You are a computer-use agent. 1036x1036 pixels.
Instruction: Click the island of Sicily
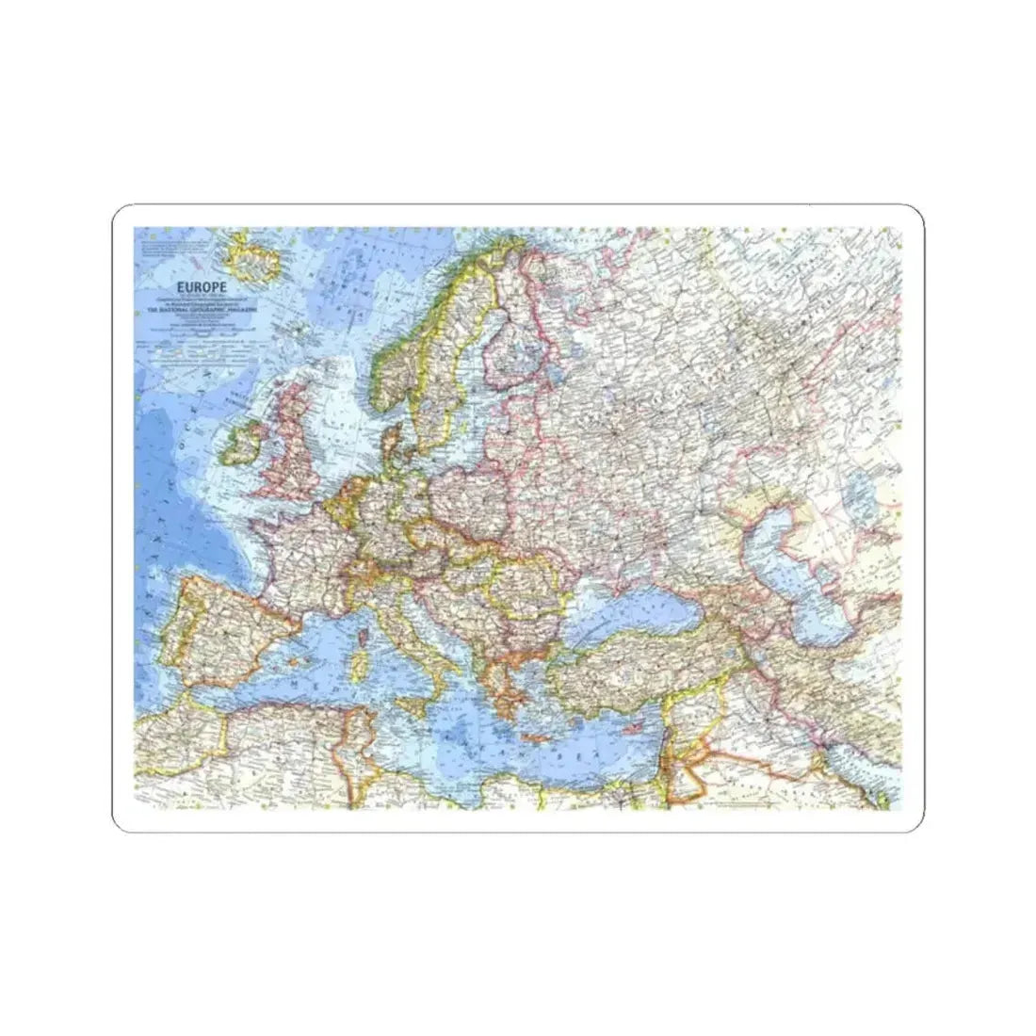(x=412, y=704)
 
